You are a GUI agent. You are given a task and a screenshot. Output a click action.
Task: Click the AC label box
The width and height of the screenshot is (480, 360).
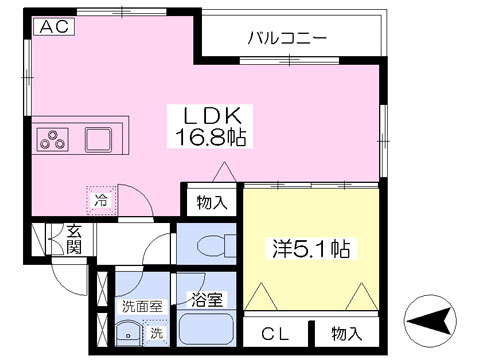point(52,28)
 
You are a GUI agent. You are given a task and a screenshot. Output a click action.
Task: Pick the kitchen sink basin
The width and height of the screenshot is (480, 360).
point(99,138)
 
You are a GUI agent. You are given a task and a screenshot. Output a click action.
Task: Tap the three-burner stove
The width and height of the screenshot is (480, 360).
point(53,139)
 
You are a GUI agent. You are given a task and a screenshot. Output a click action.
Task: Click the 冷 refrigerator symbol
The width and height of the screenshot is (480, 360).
point(100,200)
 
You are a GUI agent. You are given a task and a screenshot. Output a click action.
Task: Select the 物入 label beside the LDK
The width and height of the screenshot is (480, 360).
point(212,202)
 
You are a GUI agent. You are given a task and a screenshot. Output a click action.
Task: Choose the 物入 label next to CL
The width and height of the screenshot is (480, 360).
point(346,334)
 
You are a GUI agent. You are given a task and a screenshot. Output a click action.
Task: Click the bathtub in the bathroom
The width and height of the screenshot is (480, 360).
point(206,331)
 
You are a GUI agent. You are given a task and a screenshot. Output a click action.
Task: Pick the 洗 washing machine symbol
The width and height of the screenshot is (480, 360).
point(155,333)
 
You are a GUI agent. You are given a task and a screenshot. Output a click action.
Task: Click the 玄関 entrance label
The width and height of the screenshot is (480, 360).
point(73,239)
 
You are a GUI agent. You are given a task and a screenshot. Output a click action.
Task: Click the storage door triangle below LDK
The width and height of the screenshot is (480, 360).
point(227,174)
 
